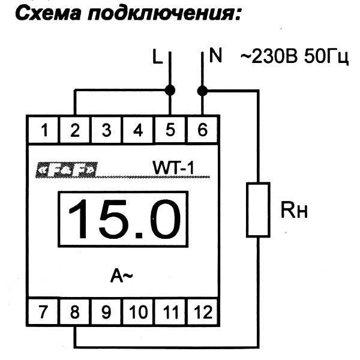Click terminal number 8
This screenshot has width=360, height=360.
pyautogui.click(x=75, y=312)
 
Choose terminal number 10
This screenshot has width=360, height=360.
pyautogui.click(x=138, y=312)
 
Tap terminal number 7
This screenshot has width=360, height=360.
pyautogui.click(x=43, y=312)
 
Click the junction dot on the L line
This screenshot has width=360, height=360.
pyautogui.click(x=170, y=91)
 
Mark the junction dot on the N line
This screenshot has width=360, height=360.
pyautogui.click(x=202, y=91)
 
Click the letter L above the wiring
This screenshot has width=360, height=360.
pyautogui.click(x=157, y=58)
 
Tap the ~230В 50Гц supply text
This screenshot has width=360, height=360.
pyautogui.click(x=294, y=58)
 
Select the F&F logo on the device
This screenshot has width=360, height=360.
pyautogui.click(x=65, y=172)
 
